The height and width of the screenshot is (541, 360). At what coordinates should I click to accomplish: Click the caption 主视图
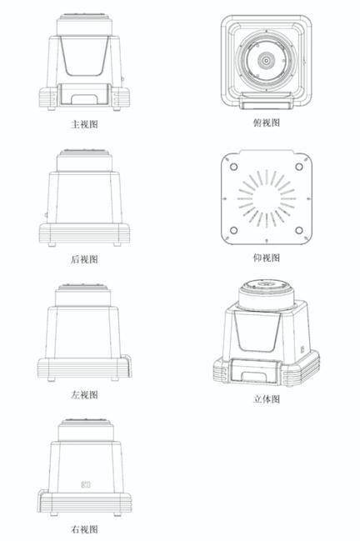(x=84, y=124)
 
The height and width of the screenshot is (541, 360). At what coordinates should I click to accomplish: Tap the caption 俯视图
(x=266, y=123)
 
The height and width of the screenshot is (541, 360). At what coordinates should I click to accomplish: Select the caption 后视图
(x=84, y=259)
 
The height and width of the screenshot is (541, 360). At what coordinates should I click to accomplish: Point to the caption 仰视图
(x=266, y=258)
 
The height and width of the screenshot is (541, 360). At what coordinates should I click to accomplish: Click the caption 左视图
(x=84, y=394)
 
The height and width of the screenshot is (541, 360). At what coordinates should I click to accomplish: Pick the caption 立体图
(x=266, y=399)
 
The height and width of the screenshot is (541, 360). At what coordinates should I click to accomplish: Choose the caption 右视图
(x=84, y=529)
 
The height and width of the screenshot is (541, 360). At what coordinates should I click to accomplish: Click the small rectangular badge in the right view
(x=86, y=485)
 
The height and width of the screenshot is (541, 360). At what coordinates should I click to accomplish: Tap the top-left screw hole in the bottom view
(x=233, y=167)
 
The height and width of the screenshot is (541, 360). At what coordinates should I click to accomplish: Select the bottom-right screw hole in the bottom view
(x=299, y=230)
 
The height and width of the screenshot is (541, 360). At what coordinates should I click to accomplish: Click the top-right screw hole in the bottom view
(x=299, y=167)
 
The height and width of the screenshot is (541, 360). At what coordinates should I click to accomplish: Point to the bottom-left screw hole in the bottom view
(x=233, y=230)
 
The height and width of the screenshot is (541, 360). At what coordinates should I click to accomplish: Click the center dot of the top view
(x=266, y=61)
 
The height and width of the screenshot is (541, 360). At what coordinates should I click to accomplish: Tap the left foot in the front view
(x=52, y=108)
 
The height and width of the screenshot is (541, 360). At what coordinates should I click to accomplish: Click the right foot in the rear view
(x=117, y=244)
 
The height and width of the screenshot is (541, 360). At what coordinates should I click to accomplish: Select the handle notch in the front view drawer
(x=84, y=99)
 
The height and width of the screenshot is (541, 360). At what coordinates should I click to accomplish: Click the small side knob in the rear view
(x=46, y=215)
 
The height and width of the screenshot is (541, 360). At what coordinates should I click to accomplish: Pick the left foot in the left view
(x=52, y=379)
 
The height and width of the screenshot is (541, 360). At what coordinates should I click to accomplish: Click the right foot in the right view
(x=117, y=514)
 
